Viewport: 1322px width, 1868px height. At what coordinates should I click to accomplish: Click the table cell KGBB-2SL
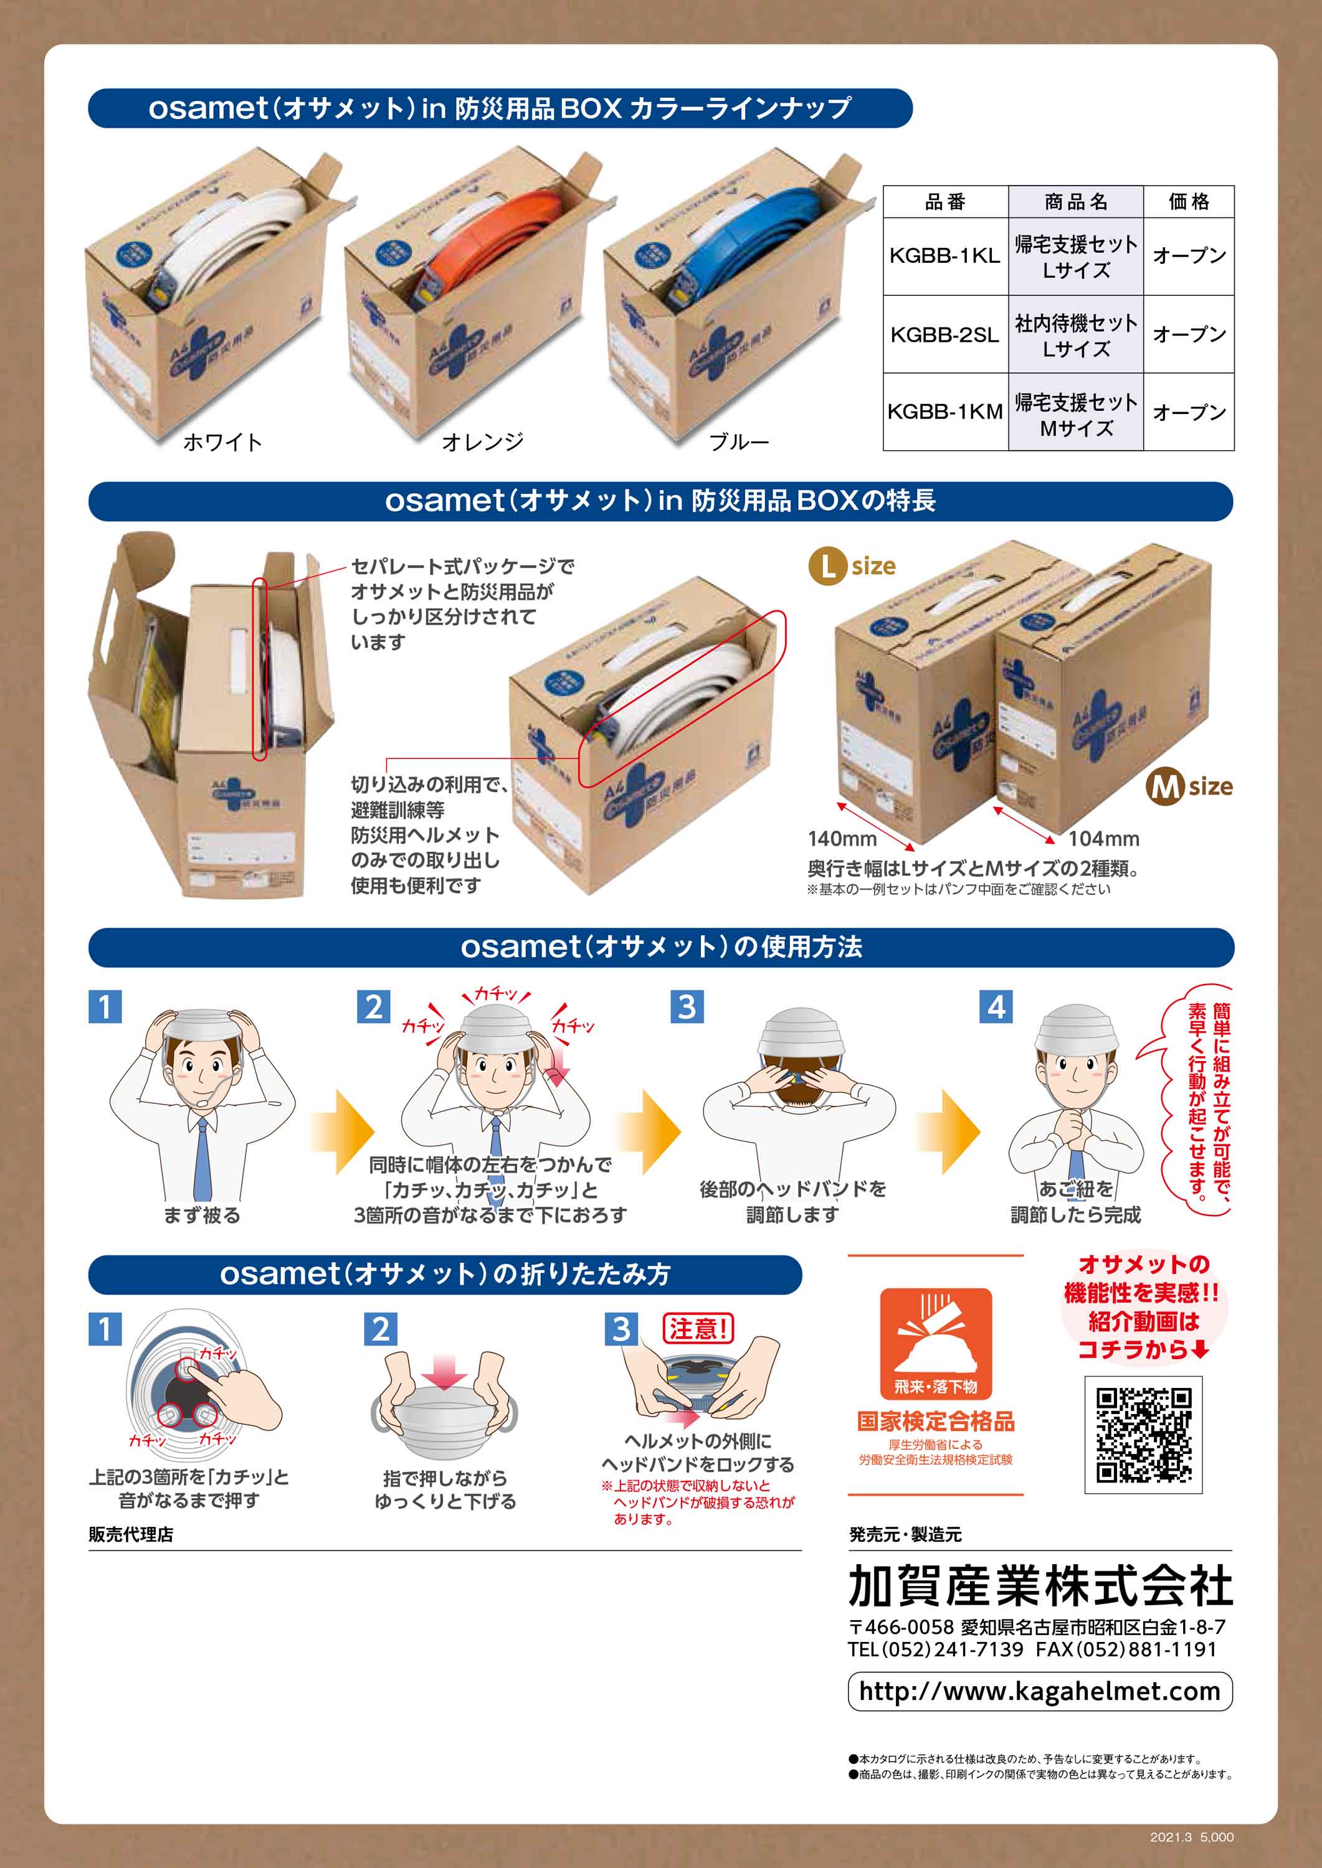[x=944, y=334]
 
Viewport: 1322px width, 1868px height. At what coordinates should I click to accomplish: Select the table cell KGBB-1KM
[x=944, y=412]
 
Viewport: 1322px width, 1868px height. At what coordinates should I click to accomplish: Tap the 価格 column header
[x=1189, y=202]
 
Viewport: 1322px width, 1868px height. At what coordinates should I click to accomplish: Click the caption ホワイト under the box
[x=222, y=441]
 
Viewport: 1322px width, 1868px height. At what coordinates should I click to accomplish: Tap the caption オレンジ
[x=482, y=441]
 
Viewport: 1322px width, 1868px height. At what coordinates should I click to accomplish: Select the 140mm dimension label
[x=842, y=838]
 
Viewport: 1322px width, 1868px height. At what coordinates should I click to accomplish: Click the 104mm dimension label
[x=1103, y=838]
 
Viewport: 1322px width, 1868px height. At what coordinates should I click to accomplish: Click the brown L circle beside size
[x=827, y=566]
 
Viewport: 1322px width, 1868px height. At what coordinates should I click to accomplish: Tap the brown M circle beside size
[x=1165, y=787]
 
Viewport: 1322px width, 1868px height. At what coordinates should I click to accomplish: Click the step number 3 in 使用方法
[x=687, y=1006]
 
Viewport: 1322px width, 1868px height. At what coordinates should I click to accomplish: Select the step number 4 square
[x=996, y=1006]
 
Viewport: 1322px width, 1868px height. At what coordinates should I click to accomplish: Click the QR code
[x=1143, y=1435]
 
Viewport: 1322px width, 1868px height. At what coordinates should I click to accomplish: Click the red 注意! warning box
[x=698, y=1329]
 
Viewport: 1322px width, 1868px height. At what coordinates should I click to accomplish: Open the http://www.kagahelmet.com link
[x=1040, y=1691]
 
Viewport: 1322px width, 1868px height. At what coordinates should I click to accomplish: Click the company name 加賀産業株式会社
[x=1040, y=1586]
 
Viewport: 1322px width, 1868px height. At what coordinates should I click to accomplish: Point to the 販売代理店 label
[x=131, y=1534]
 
